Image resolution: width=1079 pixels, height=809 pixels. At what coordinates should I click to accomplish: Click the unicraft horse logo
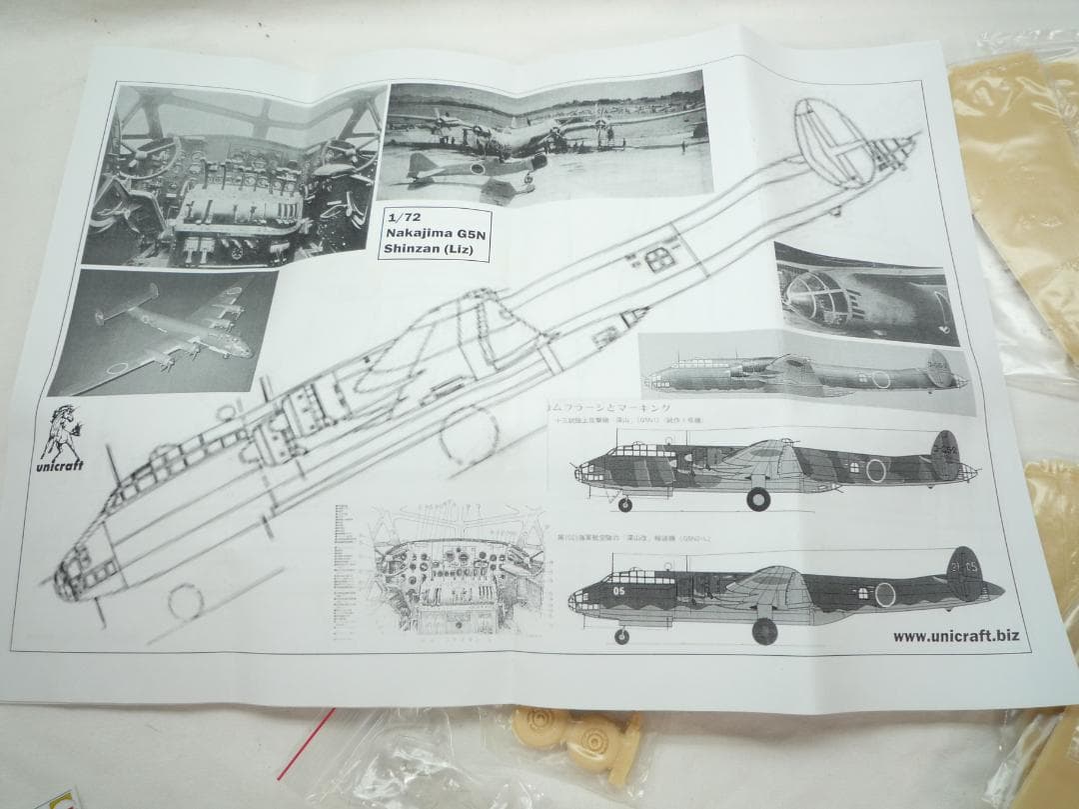tap(62, 436)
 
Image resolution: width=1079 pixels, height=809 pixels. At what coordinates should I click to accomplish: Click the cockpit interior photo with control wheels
tap(234, 176)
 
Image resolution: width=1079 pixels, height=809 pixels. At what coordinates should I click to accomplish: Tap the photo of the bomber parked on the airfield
tap(544, 140)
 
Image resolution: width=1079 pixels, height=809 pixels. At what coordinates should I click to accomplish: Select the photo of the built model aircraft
tap(163, 330)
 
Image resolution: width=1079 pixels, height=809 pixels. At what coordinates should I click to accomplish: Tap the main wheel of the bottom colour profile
tap(765, 630)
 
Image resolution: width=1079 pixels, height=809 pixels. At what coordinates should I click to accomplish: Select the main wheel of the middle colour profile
tap(758, 498)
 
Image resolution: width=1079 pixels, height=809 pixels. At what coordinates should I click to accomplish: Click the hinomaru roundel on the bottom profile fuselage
tap(884, 595)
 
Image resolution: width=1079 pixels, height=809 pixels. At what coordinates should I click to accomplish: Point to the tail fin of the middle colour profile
tap(944, 456)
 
